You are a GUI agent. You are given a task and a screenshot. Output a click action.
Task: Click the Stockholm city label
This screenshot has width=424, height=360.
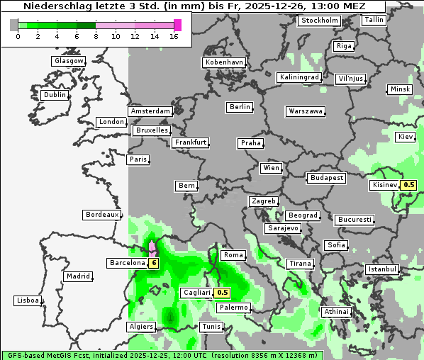pos(319,21)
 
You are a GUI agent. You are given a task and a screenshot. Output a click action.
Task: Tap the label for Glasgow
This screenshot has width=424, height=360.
pos(69,61)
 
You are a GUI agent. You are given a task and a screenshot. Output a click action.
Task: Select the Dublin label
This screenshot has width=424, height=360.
pos(55,95)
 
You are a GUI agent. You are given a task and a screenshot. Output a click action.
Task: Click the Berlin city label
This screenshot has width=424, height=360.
pos(240,107)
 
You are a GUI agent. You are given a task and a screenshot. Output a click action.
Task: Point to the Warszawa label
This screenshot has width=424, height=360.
pos(306,111)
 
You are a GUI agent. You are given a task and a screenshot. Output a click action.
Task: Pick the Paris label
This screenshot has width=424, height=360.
pos(138,159)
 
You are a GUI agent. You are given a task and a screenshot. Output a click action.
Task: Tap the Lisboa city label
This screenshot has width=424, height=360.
pos(28,300)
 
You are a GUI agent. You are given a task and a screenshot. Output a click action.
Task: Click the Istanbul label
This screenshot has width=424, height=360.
pos(382,269)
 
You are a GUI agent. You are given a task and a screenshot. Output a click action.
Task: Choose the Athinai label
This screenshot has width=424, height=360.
pos(336,312)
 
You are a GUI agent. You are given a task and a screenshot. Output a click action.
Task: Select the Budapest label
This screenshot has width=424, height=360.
pos(326,178)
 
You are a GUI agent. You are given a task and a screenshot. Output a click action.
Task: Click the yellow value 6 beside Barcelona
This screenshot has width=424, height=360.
pos(154,263)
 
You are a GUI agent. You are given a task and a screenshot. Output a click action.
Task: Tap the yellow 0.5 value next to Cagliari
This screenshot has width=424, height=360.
pos(223,293)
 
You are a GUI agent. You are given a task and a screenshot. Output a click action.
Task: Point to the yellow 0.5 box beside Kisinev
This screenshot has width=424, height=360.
pos(409,186)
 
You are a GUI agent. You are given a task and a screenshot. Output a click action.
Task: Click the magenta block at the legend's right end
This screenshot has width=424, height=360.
pos(178,25)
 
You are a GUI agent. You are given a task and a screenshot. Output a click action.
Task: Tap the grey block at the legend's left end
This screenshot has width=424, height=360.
pos(14,25)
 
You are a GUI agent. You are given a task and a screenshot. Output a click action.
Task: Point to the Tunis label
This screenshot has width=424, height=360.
pos(211,327)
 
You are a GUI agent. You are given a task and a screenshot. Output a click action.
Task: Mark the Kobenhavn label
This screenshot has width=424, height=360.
pos(224,62)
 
